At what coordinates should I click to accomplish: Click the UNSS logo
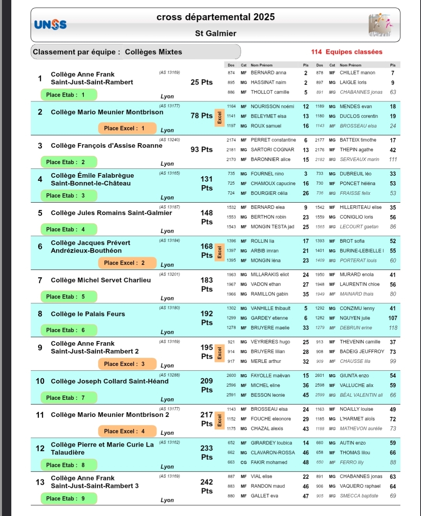pyautogui.click(x=50, y=25)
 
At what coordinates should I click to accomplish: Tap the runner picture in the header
pyautogui.click(x=380, y=25)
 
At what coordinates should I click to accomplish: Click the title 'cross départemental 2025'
pyautogui.click(x=216, y=17)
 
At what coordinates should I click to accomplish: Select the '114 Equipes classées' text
pyautogui.click(x=347, y=52)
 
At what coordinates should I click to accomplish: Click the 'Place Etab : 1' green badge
pyautogui.click(x=69, y=95)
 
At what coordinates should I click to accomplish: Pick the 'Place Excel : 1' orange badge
pyautogui.click(x=127, y=128)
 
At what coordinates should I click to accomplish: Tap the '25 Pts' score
pyautogui.click(x=202, y=82)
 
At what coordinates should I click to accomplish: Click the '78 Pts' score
pyautogui.click(x=202, y=116)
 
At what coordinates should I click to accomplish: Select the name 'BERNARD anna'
pyautogui.click(x=268, y=73)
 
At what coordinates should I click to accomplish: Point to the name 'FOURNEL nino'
pyautogui.click(x=267, y=174)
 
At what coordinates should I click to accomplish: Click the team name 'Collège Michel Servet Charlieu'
pyautogui.click(x=101, y=280)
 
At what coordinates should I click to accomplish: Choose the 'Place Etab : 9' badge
pyautogui.click(x=69, y=498)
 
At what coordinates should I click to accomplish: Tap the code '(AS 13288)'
pyautogui.click(x=170, y=375)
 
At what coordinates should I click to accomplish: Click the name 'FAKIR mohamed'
pyautogui.click(x=269, y=463)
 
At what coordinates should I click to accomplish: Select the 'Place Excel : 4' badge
pyautogui.click(x=127, y=431)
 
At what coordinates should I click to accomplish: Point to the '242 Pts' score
pyautogui.click(x=207, y=486)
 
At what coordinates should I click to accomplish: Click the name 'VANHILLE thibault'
pyautogui.click(x=271, y=308)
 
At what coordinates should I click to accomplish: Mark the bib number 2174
pyautogui.click(x=231, y=140)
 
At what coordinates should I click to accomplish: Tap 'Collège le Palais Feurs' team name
pyautogui.click(x=88, y=314)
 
